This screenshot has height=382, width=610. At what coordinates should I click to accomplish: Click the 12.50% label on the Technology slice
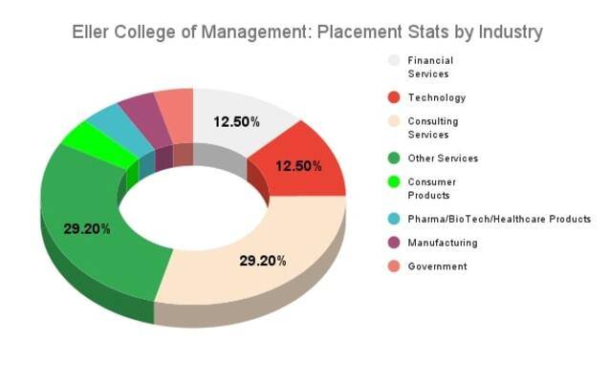coord(298,165)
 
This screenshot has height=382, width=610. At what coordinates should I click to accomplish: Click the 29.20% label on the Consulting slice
coord(263,260)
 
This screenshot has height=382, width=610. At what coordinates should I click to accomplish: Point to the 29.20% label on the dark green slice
coord(87,228)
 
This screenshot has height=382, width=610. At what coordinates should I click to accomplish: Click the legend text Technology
coord(436,97)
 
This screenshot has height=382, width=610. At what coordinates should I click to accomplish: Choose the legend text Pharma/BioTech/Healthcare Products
coord(499,219)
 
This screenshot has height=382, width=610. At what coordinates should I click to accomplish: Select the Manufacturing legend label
coord(442,243)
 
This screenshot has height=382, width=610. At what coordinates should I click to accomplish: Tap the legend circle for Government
coord(393,266)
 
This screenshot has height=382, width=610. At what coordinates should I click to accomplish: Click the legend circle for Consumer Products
coord(393,181)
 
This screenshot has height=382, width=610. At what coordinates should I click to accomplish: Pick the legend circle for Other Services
coord(393,158)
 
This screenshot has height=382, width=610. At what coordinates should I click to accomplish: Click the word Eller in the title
coord(92,32)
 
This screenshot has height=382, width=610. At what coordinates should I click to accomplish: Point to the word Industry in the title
coord(509,32)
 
